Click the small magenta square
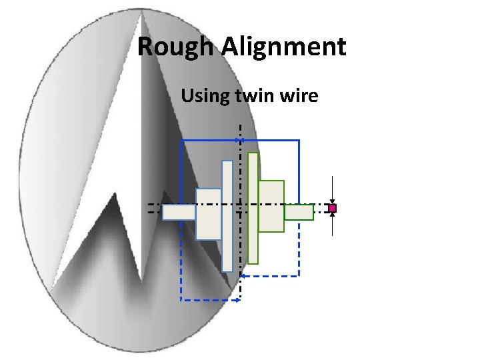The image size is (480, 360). [332, 209]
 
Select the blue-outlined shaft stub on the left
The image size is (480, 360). [179, 212]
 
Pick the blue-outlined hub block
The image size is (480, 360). [208, 213]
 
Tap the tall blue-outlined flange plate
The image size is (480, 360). [227, 216]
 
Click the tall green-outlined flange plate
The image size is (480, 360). [253, 208]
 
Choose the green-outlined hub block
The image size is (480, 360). [271, 206]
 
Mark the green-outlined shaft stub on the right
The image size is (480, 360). [299, 212]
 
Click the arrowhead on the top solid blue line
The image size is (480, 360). [241, 140]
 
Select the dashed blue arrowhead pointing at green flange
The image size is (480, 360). [244, 275]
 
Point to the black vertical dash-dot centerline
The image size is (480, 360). [240, 167]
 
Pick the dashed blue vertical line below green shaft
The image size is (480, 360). [299, 247]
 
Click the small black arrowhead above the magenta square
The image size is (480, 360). [332, 201]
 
